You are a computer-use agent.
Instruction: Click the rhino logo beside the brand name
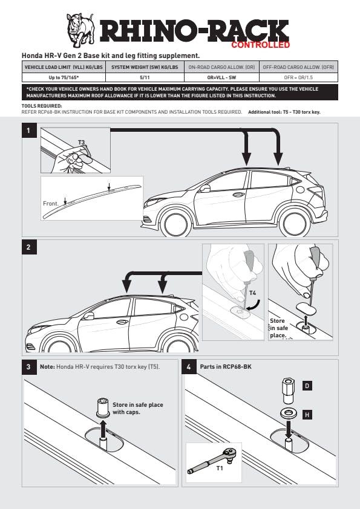click(80, 30)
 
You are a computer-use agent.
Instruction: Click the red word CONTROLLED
click(260, 45)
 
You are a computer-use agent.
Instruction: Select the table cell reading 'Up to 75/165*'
click(64, 77)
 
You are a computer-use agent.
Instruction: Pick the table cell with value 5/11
click(145, 77)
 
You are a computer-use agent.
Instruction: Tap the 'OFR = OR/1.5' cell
click(298, 77)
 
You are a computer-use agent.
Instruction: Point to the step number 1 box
click(29, 131)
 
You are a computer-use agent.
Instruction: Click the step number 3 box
click(29, 367)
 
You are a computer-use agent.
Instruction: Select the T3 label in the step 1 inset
click(81, 143)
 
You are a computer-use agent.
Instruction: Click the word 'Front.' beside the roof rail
click(51, 204)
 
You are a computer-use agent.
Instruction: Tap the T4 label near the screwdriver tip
click(252, 293)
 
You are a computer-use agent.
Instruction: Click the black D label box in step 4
click(307, 386)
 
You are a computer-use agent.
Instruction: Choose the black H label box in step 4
click(307, 415)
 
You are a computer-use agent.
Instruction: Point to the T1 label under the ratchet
click(220, 468)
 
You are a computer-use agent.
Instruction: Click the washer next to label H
click(288, 414)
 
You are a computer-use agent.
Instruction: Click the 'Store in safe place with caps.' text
click(138, 409)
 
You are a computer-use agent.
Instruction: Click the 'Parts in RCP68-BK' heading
click(226, 366)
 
